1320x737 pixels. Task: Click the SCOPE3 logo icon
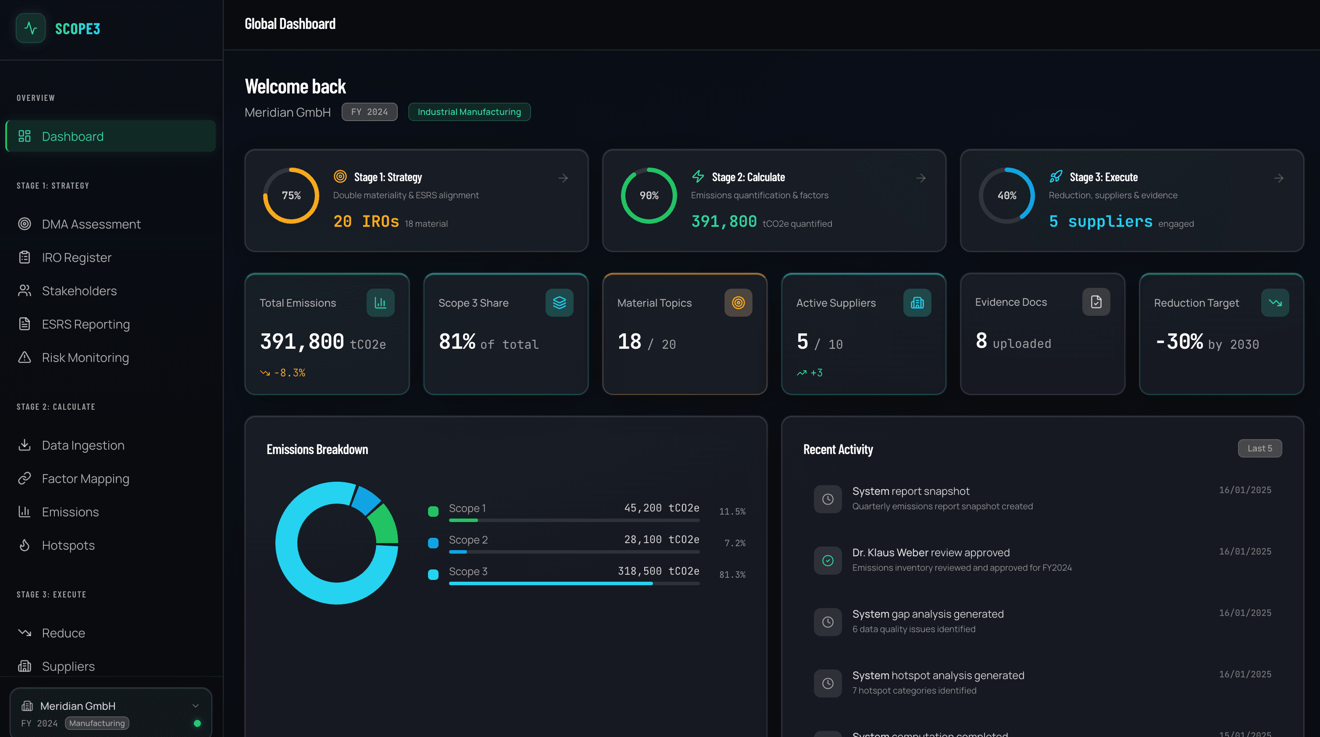point(31,28)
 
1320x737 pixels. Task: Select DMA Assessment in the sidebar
point(91,224)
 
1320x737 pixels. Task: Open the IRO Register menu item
point(76,257)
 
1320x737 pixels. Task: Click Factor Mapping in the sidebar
point(85,478)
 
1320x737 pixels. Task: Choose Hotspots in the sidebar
point(68,545)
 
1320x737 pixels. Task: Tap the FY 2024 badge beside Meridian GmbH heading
point(369,112)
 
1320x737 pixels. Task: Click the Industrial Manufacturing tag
point(469,112)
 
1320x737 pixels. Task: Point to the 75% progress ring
point(291,195)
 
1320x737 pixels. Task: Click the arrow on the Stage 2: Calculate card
point(920,178)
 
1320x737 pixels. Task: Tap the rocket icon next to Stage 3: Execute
point(1056,177)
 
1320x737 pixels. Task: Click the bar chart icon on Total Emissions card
point(380,302)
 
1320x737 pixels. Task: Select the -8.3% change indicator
point(283,372)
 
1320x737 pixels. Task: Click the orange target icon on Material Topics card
point(738,302)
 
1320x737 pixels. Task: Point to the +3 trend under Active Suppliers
point(810,372)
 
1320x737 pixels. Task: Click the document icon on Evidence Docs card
point(1095,302)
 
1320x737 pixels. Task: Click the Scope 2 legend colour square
point(433,543)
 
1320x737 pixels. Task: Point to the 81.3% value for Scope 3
point(732,575)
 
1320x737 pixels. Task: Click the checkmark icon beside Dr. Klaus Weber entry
point(828,560)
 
